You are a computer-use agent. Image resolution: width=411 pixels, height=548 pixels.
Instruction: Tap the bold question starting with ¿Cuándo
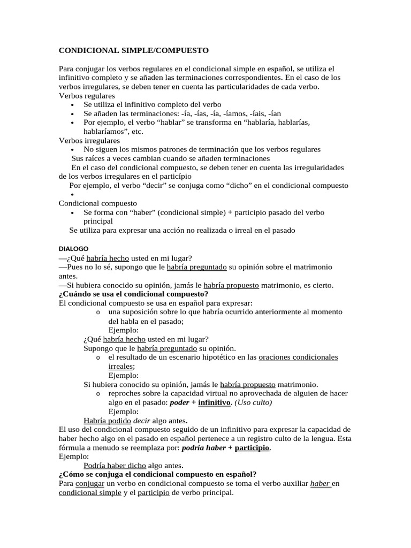point(133,294)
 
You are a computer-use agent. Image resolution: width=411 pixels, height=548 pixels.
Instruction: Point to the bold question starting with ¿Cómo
point(157,474)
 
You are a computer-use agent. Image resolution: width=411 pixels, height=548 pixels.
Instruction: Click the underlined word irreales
point(121,366)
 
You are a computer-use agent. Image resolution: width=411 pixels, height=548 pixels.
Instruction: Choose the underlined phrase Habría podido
point(108,420)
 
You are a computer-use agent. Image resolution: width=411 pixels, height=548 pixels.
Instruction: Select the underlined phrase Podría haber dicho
point(115,465)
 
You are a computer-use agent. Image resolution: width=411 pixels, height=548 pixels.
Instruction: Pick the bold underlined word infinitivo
point(214,402)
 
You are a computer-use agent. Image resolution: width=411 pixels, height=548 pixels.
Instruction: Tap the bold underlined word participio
point(252,447)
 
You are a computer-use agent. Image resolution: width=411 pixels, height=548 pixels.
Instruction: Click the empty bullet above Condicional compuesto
point(72,195)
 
